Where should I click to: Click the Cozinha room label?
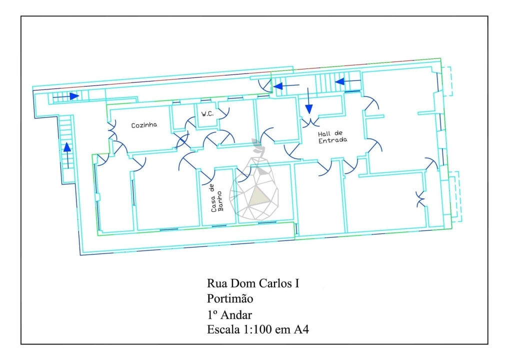point(144,125)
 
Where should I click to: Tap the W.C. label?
point(207,114)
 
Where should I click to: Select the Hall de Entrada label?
point(332,137)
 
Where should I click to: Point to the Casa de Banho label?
point(217,198)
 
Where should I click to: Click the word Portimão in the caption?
point(230,298)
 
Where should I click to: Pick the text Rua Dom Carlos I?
point(253,283)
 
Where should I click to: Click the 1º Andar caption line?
point(229,314)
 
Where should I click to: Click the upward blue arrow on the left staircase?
point(67,155)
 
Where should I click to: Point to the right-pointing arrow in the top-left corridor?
point(66,96)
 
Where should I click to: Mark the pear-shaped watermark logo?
point(254,180)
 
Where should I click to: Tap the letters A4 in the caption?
point(301,329)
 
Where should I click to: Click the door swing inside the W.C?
point(224,112)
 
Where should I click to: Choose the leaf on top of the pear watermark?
point(257,146)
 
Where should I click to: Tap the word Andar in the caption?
point(236,314)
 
